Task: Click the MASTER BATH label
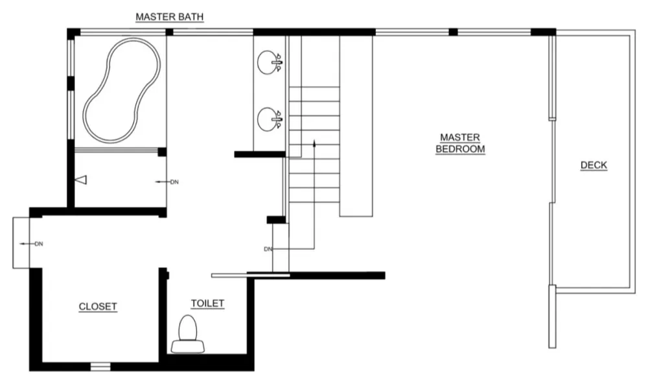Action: pyautogui.click(x=169, y=17)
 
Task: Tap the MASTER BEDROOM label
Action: pyautogui.click(x=460, y=143)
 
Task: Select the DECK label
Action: pyautogui.click(x=594, y=165)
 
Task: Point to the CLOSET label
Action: pyautogui.click(x=98, y=307)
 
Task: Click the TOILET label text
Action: pyautogui.click(x=207, y=304)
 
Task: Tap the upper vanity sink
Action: pyautogui.click(x=270, y=62)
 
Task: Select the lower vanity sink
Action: pyautogui.click(x=270, y=119)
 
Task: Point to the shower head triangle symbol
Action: pyautogui.click(x=82, y=180)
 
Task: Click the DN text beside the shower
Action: pyautogui.click(x=174, y=182)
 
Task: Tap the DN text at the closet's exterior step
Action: pyautogui.click(x=39, y=244)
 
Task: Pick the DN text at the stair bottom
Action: pyautogui.click(x=268, y=249)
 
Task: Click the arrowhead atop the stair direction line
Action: pyautogui.click(x=314, y=143)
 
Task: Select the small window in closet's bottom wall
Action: pyautogui.click(x=101, y=366)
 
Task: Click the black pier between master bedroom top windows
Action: pyautogui.click(x=454, y=32)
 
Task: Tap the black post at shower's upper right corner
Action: pyautogui.click(x=163, y=152)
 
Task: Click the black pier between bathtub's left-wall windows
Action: pyautogui.click(x=71, y=83)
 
